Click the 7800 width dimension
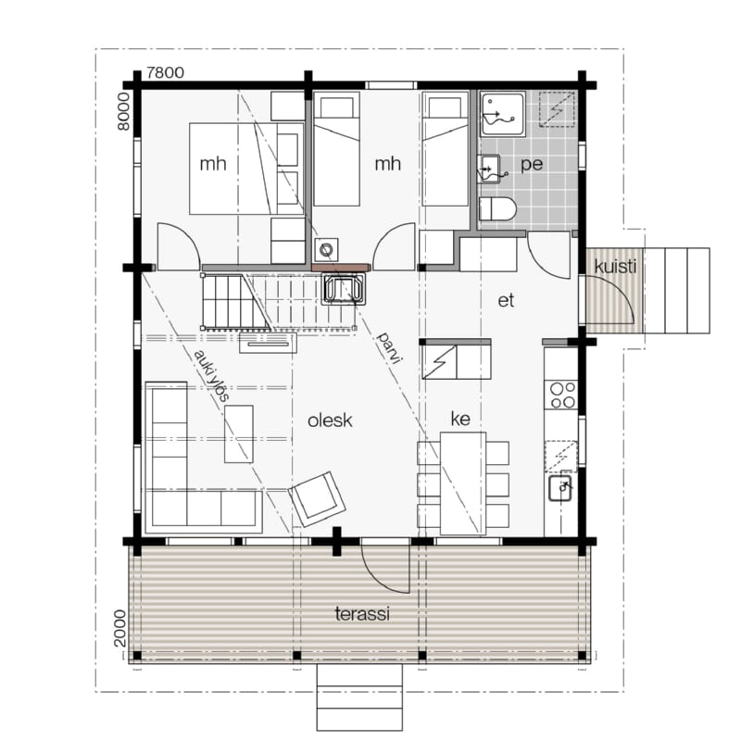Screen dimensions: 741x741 coord(165,73)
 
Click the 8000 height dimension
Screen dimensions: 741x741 coord(123,111)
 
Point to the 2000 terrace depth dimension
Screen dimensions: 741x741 coord(120,629)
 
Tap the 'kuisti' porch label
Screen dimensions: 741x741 coord(615,267)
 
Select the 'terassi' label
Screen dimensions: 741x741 coord(362,614)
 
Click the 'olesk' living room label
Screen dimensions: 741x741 coord(330,421)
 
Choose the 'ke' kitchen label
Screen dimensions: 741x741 coord(460,419)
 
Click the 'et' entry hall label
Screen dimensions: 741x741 coord(506,300)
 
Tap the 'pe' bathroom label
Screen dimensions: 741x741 coord(532,165)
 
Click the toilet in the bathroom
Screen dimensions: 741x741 coord(497,209)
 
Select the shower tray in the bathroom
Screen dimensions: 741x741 coord(503,114)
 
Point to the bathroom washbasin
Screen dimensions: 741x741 coord(489,169)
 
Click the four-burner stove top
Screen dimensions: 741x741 coord(562,396)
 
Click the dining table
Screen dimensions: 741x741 coord(463,484)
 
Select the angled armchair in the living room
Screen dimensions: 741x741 coord(317,499)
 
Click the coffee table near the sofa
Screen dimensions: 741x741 coord(239,433)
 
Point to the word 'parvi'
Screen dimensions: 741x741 coord(389,348)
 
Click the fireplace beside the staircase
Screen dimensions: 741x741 coord(343,289)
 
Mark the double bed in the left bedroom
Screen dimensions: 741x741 coord(233,169)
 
